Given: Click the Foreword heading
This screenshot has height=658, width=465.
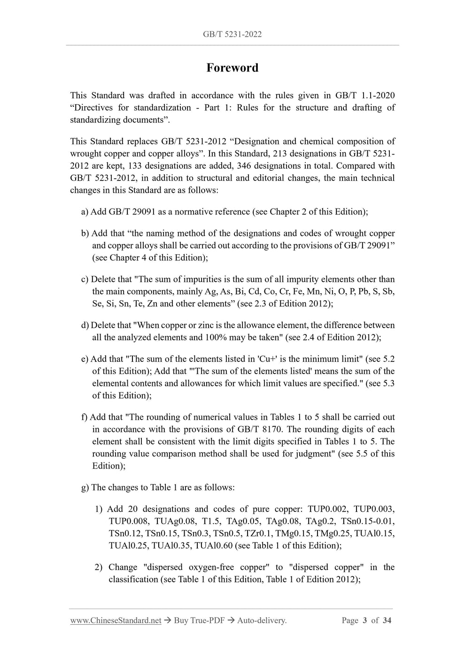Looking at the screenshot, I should [232, 68].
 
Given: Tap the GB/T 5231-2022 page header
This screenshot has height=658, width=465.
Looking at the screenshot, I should [232, 34].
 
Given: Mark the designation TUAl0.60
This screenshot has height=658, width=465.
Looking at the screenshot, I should [213, 546].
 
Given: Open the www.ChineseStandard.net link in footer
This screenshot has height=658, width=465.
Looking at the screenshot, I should [116, 621].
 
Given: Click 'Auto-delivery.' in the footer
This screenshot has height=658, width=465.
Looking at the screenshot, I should [262, 621].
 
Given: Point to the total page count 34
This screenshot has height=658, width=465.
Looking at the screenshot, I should [387, 621].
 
